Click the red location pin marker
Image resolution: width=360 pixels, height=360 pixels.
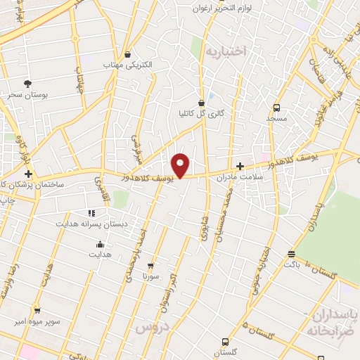[x=181, y=165]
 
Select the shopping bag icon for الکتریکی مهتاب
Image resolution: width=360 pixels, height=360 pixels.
[x=127, y=54]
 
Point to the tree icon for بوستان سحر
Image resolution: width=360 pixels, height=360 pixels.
[x=27, y=84]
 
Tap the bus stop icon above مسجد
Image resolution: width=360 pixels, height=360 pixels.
[x=276, y=108]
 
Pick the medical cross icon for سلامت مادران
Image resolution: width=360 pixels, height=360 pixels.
[x=240, y=167]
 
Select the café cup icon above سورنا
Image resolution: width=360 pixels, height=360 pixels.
[x=150, y=266]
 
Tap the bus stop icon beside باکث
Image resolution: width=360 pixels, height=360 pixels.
[x=291, y=255]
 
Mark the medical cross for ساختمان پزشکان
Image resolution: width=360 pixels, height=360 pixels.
[x=28, y=174]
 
